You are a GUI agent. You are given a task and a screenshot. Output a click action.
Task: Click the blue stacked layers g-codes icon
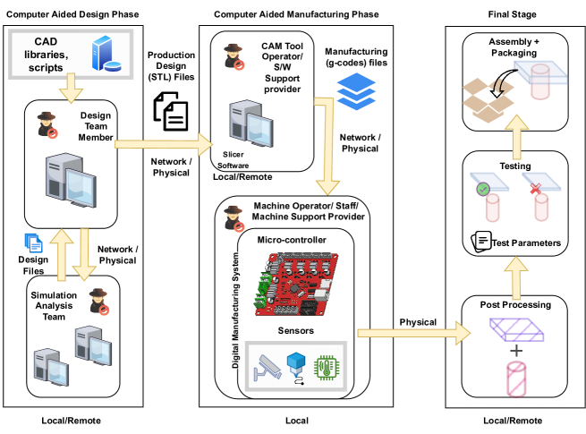click(x=352, y=87)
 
